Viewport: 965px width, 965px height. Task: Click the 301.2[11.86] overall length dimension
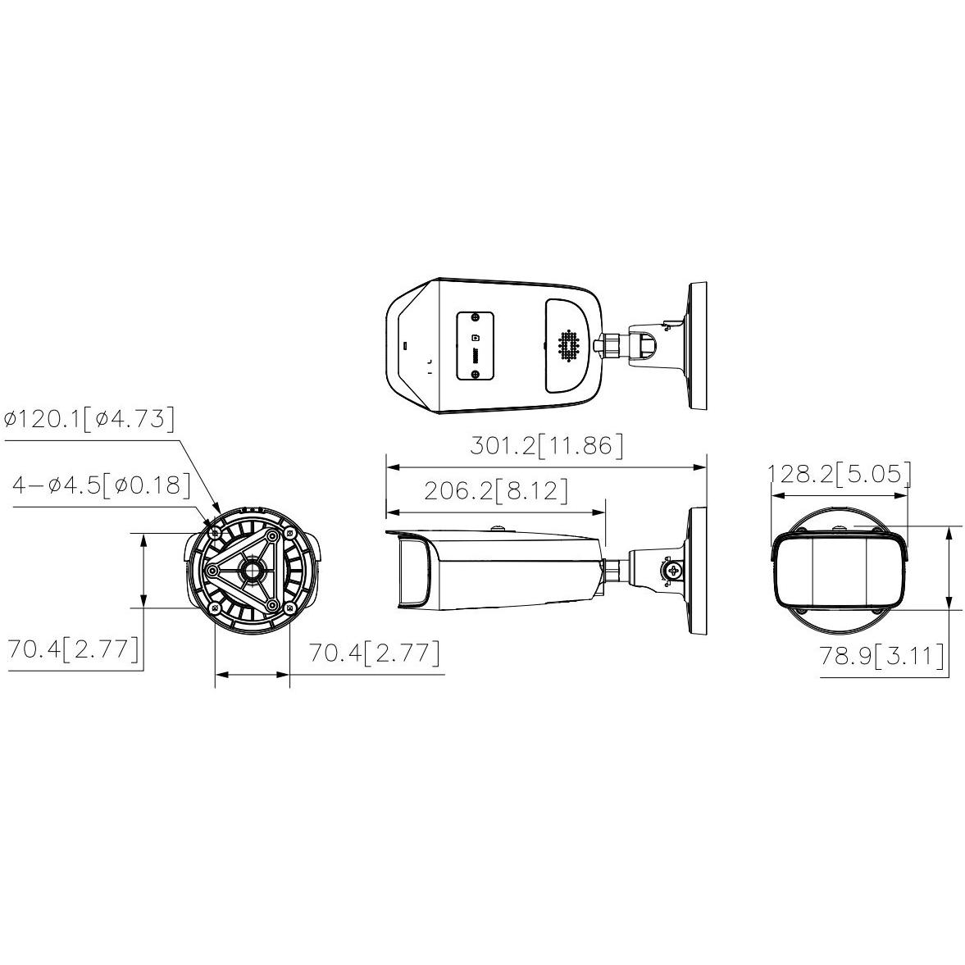547,445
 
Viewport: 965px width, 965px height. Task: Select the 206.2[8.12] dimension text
496,490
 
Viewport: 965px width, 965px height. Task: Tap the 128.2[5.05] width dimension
839,474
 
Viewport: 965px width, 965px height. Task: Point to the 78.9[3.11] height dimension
881,655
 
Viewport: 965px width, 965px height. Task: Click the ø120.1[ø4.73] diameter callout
89,419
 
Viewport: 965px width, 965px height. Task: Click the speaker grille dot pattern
570,345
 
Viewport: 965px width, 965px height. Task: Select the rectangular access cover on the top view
475,345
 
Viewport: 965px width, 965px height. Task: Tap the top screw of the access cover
475,317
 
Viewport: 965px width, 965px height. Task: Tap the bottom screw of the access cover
475,374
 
